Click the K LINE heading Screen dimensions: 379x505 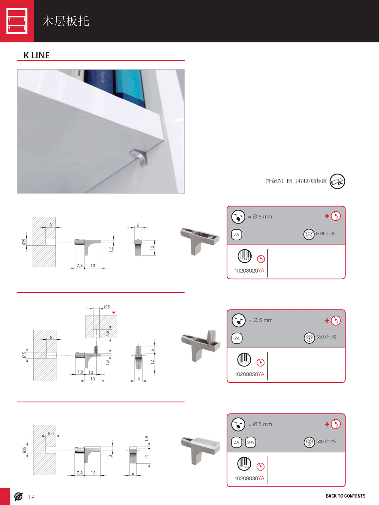coord(36,55)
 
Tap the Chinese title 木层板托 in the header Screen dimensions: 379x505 coord(66,21)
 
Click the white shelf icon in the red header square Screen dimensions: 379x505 coord(17,21)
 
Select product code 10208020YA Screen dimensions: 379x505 coord(249,271)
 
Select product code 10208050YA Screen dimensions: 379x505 coord(249,374)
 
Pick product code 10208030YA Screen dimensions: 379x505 coord(249,479)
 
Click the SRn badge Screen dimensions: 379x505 coord(250,442)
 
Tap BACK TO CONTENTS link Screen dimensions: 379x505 coord(346,496)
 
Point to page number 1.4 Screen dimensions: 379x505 coord(31,497)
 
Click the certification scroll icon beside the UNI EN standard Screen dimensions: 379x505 coord(337,181)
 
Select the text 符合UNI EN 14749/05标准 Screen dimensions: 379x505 coord(296,181)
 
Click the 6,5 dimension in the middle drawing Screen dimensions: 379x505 coord(108,334)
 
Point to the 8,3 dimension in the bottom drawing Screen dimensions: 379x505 coord(51,433)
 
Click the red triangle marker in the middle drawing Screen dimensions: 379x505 coord(114,312)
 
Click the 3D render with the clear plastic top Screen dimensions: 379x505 coord(200,450)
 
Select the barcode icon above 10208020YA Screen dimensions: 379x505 coord(244,256)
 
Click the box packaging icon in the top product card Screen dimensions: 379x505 coord(309,234)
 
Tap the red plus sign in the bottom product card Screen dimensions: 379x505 coord(327,424)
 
